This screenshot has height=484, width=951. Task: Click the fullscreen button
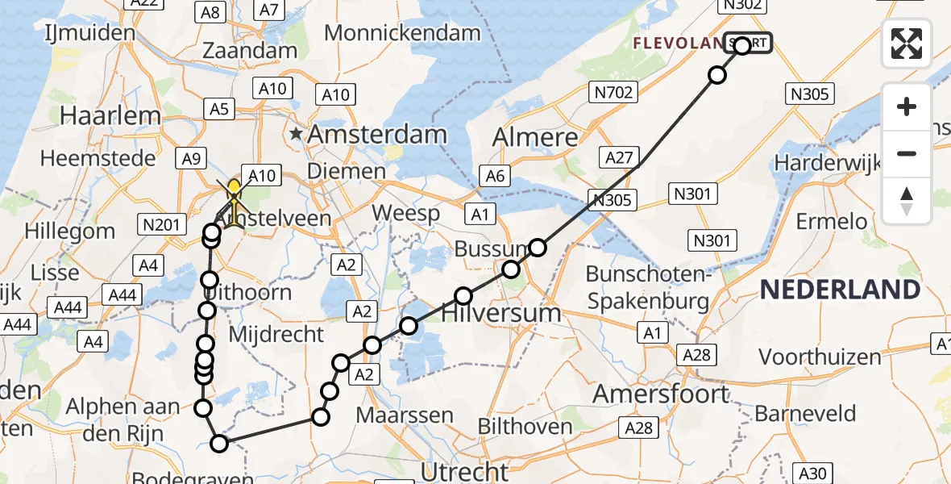907,44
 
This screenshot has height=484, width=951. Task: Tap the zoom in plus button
907,106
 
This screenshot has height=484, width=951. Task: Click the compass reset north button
907,201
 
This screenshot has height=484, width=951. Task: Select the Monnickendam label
402,33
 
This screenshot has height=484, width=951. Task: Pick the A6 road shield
494,174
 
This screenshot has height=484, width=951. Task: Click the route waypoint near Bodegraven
219,442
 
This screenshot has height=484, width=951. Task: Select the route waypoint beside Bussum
537,248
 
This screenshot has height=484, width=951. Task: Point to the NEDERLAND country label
840,290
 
